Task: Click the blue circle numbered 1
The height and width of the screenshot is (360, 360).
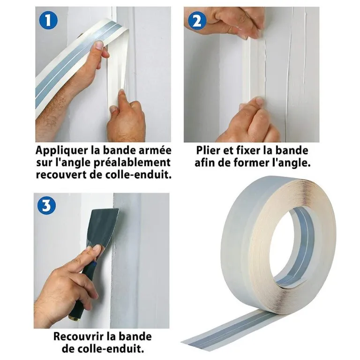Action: [48, 20]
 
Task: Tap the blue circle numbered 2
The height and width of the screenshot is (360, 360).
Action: [197, 21]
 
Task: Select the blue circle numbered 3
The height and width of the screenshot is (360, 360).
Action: [46, 205]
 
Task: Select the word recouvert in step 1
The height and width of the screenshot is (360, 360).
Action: [60, 175]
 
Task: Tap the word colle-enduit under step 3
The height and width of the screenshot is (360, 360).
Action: [103, 349]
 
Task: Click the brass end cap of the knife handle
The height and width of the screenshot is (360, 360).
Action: [75, 318]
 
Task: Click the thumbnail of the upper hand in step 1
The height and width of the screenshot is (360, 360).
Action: [99, 45]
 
